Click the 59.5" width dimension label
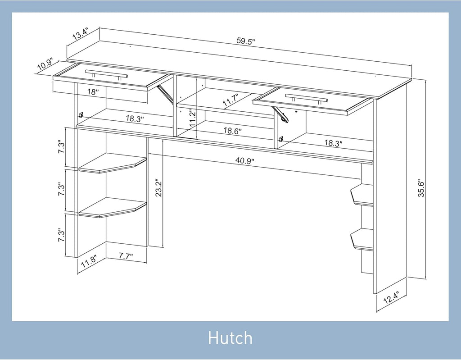[x=245, y=41]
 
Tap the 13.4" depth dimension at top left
[x=80, y=34]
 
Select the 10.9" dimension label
[x=45, y=65]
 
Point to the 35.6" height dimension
[x=421, y=188]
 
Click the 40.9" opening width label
[x=244, y=160]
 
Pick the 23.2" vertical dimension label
[x=159, y=187]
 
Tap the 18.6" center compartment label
[x=232, y=131]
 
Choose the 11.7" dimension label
[x=230, y=100]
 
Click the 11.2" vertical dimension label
[x=193, y=118]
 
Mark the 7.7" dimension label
[x=126, y=256]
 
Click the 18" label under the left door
[x=93, y=92]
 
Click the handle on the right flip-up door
[x=306, y=98]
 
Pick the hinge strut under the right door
[x=280, y=114]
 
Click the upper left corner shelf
[x=113, y=163]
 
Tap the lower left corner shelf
[x=113, y=208]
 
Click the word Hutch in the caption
[x=230, y=337]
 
